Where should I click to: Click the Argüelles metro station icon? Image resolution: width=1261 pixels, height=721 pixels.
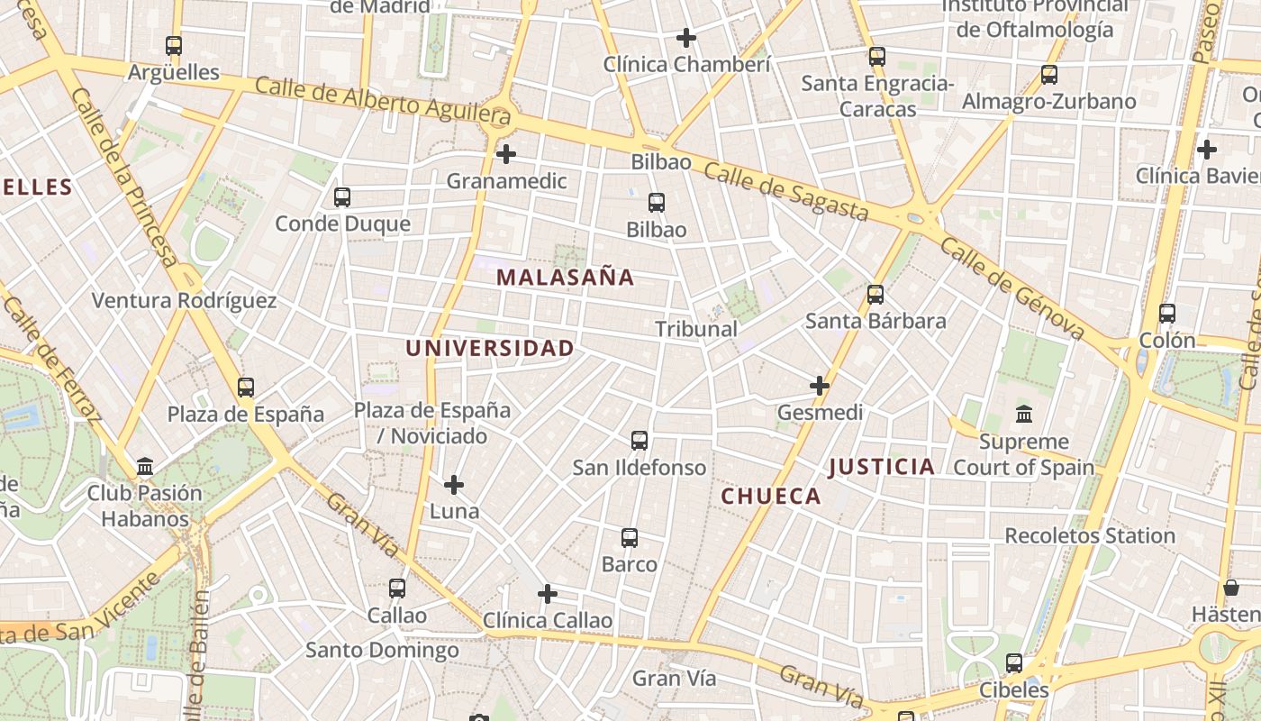pos(174,45)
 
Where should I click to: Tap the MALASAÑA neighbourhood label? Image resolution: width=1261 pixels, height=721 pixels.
pos(566,278)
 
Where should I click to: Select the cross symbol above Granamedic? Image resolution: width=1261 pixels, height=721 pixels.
pos(506,154)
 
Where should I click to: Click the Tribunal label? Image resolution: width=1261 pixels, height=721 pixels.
pos(696,329)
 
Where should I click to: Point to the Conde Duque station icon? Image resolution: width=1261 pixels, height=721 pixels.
pos(342,196)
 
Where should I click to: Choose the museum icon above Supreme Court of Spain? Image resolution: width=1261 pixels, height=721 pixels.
pos(1024,415)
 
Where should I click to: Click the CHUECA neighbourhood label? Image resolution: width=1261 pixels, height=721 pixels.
pos(771,497)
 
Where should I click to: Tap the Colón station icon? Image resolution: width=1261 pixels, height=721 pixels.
pos(1167,314)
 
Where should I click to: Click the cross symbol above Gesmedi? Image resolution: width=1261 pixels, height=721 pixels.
pos(820,386)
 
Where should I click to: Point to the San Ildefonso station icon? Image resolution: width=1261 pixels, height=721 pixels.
pos(640,441)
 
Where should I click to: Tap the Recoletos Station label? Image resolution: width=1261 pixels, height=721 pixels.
pos(1090,535)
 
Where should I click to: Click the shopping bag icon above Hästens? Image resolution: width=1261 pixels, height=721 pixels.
pos(1231,588)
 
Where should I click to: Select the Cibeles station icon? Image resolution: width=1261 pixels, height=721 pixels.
pos(1014,663)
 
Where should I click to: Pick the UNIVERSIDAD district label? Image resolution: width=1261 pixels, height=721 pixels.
pos(489,348)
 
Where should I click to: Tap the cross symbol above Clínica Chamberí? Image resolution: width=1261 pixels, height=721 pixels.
pos(686,38)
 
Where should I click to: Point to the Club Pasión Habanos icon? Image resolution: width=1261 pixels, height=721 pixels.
pos(145,467)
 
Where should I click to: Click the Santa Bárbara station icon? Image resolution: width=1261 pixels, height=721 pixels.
pos(875,294)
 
